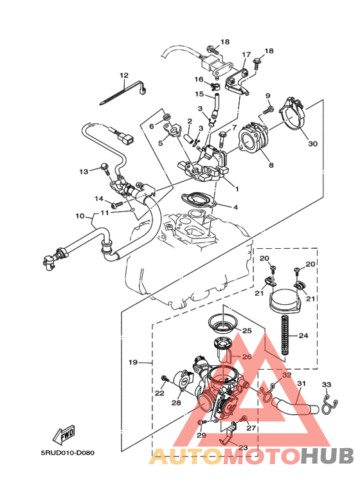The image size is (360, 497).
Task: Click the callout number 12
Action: click(x=123, y=75)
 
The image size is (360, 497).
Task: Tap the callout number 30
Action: click(x=312, y=144)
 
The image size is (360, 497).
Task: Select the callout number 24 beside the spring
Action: click(x=304, y=336)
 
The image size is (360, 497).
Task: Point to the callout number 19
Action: click(x=133, y=363)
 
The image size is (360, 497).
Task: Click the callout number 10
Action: click(x=80, y=215)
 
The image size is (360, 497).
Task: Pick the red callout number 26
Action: click(x=246, y=357)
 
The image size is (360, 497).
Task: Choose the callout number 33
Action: click(x=326, y=385)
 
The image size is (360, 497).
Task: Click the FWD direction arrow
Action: click(x=65, y=437)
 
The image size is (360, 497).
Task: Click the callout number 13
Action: click(x=84, y=172)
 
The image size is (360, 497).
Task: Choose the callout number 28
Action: click(x=176, y=403)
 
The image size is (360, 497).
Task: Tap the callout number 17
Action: click(x=246, y=55)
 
